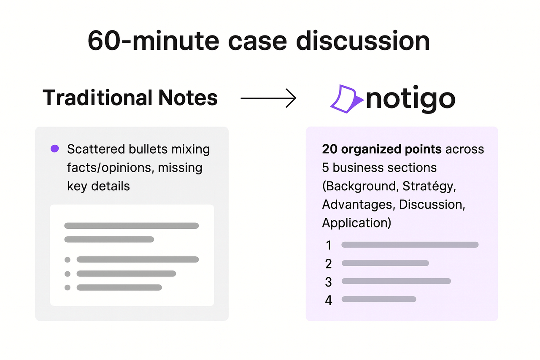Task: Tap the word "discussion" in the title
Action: pos(363,41)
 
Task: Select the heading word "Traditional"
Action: pos(97,98)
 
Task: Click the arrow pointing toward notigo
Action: pos(268,98)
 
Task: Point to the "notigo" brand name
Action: pos(410,99)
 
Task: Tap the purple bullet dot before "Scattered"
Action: pos(54,149)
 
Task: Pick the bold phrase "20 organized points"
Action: pos(381,149)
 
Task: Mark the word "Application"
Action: pos(354,222)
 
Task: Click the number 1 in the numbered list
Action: pos(329,245)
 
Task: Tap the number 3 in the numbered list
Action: pos(329,282)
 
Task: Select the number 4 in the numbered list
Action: pos(329,300)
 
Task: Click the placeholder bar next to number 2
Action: pos(385,263)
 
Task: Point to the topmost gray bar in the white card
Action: pos(131,226)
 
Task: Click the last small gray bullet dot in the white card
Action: pos(67,287)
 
